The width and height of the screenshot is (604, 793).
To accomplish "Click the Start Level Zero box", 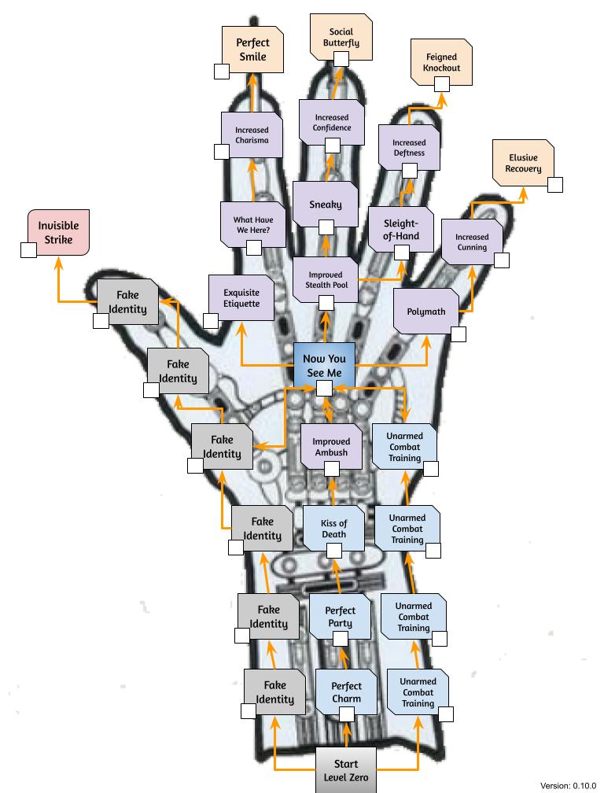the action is click(346, 769).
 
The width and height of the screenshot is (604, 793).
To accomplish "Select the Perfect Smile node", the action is click(252, 50).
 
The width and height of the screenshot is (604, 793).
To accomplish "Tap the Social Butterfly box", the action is click(341, 38).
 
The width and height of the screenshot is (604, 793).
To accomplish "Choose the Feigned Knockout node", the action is click(441, 62).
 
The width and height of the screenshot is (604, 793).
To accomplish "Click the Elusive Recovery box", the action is click(523, 163).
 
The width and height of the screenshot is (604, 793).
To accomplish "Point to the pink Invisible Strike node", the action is click(59, 233).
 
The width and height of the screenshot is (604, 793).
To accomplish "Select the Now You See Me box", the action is click(325, 366).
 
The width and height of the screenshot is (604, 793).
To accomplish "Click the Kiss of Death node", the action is click(333, 529).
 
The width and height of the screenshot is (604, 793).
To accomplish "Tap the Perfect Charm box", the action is click(346, 692).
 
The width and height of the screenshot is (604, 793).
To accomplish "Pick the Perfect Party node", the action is click(341, 617).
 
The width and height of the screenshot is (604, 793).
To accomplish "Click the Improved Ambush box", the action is click(332, 447).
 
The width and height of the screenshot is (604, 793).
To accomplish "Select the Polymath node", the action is click(426, 312).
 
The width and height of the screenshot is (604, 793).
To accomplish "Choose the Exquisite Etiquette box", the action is click(241, 298).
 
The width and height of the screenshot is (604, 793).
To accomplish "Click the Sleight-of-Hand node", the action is click(401, 229).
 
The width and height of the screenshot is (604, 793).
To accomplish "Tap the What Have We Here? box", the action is click(253, 224).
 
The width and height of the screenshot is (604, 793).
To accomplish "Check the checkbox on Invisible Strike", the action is click(28, 250).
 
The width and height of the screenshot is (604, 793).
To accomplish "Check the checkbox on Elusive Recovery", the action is click(555, 185).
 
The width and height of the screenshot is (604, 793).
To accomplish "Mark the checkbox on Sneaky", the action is click(326, 227).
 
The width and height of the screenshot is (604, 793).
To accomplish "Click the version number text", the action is click(568, 785).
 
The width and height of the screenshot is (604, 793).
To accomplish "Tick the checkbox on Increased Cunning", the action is click(502, 260).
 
